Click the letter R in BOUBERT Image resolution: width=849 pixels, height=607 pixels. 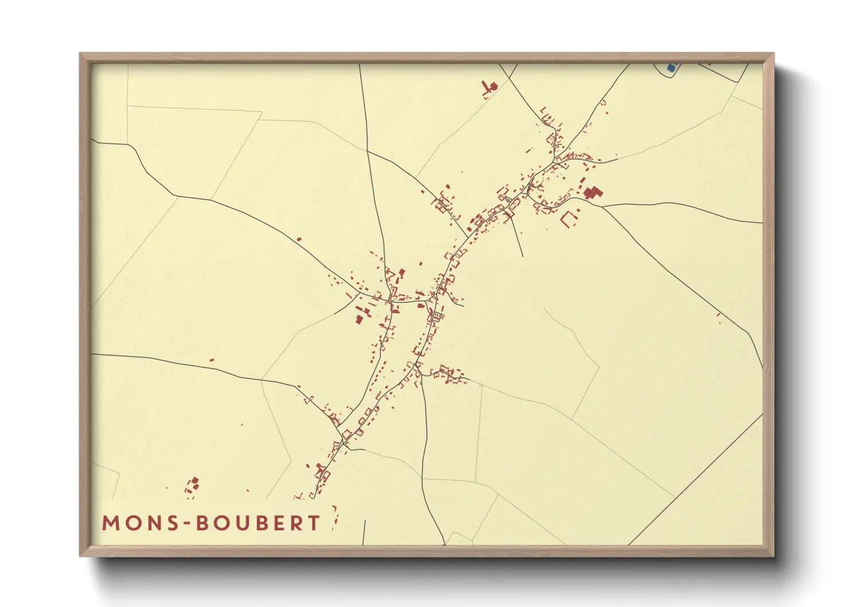point(296,523)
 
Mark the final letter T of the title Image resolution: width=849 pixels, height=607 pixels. point(314,523)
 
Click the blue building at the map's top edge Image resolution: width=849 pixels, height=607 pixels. point(671,68)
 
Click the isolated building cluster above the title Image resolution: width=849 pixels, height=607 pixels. point(193,485)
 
